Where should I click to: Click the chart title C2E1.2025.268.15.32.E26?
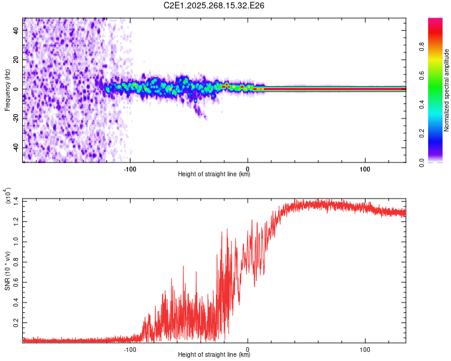215,5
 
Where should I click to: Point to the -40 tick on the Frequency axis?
16,147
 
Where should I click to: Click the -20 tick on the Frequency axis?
16,118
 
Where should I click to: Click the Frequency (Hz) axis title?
7,90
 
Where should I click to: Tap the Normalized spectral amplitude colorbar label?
447,90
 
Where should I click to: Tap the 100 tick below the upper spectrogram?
365,168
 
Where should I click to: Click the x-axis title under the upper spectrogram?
214,174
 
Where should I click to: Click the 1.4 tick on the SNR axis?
16,200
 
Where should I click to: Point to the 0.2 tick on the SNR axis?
16,323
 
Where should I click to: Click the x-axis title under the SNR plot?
214,355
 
